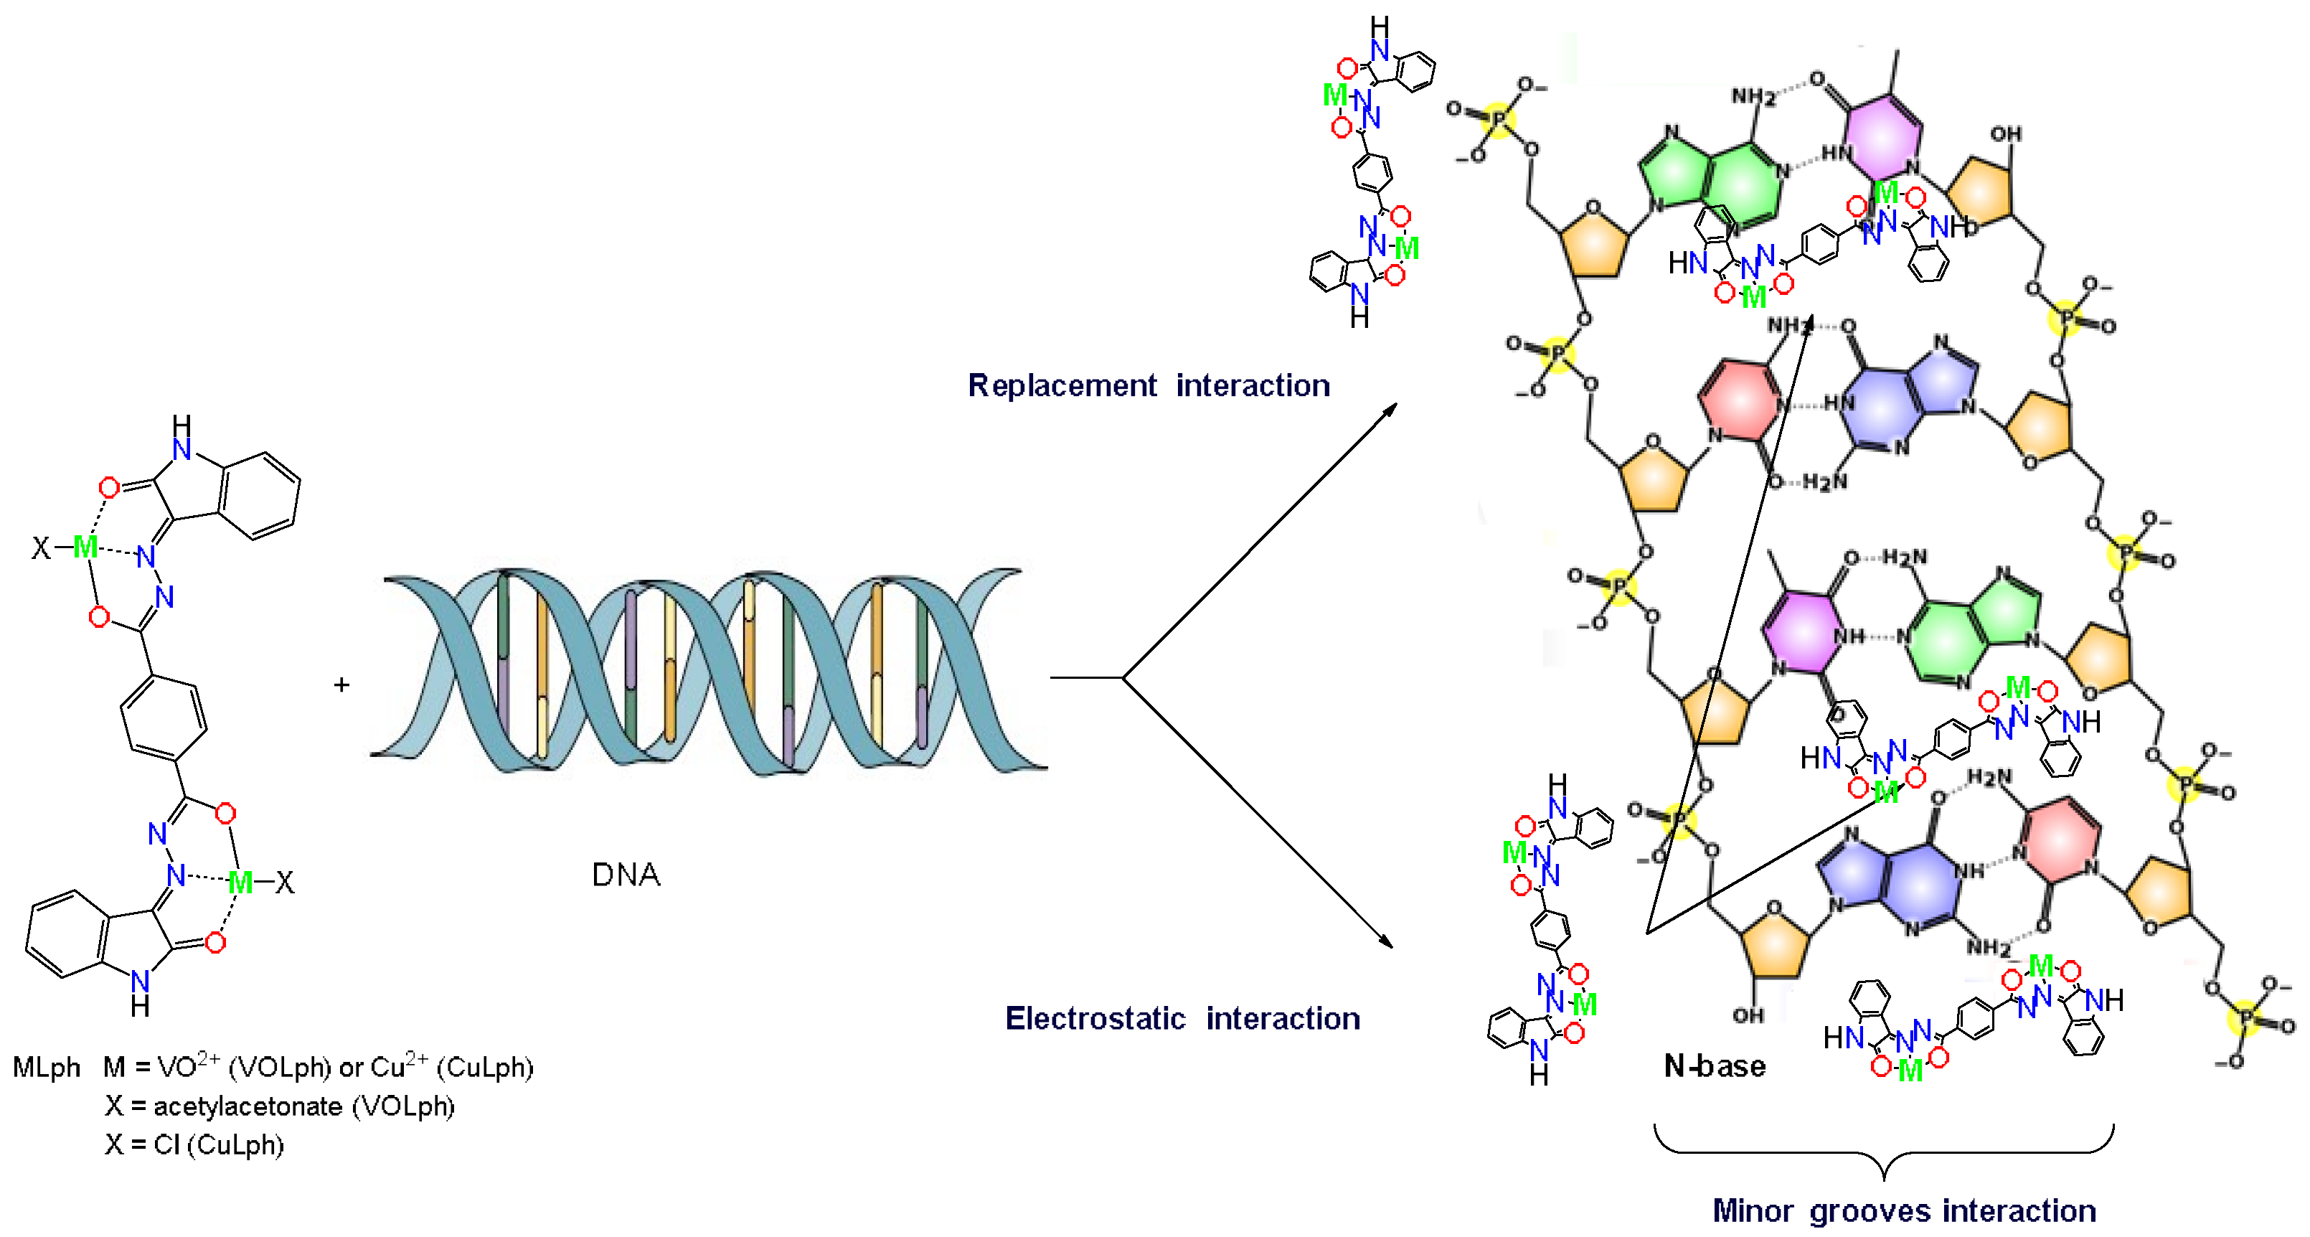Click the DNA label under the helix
click(x=626, y=875)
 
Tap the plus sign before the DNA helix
click(x=341, y=685)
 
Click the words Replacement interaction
click(x=1149, y=386)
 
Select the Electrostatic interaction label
click(x=1182, y=1019)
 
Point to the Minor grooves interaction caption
click(x=1904, y=1211)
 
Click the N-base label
click(x=1715, y=1066)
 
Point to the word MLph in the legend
click(x=47, y=1068)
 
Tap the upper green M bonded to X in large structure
click(x=86, y=546)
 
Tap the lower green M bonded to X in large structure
click(x=240, y=883)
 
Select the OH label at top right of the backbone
click(x=2005, y=135)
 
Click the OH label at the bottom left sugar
click(x=1748, y=1015)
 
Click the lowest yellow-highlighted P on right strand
click(x=2245, y=1019)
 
